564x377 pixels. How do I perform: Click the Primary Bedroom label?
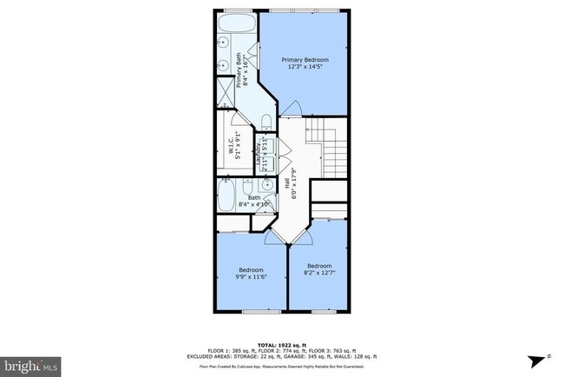[304, 59]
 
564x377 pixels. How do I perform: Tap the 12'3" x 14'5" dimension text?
[304, 68]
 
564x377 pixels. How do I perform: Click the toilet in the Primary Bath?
[267, 121]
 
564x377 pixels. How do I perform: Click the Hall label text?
[288, 183]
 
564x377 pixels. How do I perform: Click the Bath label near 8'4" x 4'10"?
[254, 197]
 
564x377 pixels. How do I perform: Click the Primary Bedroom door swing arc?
[292, 110]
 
